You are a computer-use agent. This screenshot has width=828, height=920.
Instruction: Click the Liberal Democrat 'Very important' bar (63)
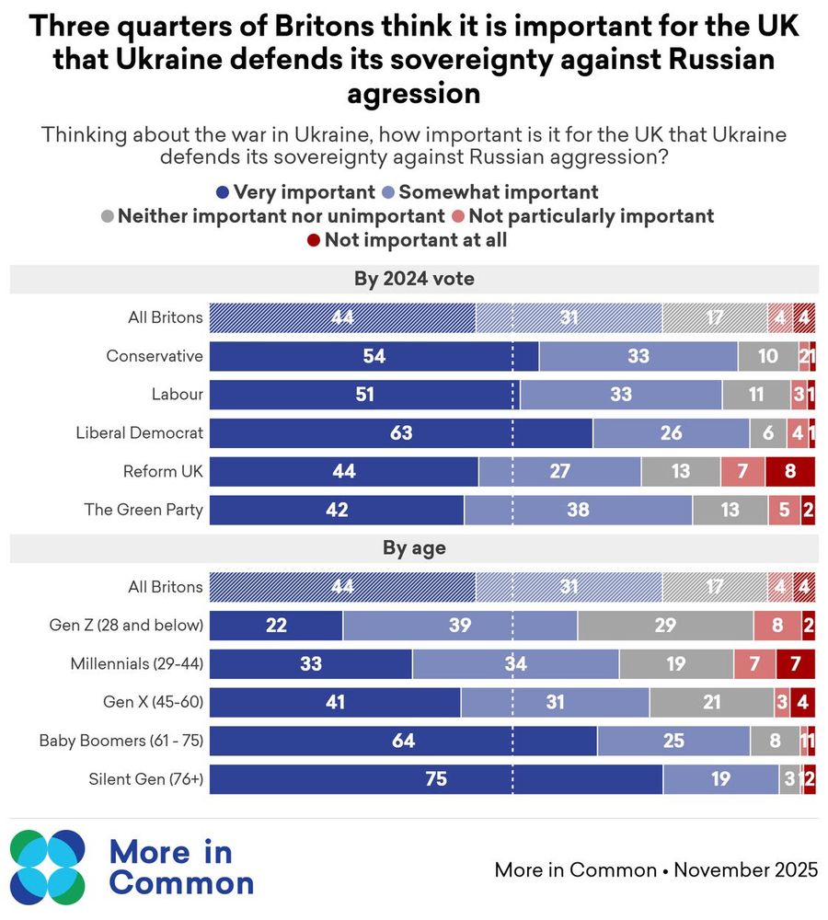click(401, 432)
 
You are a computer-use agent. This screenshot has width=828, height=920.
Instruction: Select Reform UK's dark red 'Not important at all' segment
click(790, 471)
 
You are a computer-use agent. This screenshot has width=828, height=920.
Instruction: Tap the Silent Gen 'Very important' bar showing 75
click(436, 778)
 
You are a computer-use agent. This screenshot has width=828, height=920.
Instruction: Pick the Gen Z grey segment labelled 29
click(665, 626)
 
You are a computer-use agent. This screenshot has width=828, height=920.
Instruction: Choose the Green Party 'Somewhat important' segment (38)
click(578, 510)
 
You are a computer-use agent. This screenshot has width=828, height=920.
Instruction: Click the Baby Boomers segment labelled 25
click(673, 740)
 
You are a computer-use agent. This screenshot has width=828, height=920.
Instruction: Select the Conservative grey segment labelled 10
click(767, 356)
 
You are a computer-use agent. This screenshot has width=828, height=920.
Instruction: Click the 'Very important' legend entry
click(294, 192)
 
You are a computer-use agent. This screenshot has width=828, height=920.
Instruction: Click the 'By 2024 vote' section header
click(414, 279)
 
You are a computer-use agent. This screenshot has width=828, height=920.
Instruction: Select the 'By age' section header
click(414, 548)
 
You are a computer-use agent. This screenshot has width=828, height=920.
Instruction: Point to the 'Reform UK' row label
click(163, 471)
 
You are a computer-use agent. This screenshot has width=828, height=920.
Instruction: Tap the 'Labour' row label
click(177, 395)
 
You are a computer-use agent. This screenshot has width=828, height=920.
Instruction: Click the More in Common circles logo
click(48, 867)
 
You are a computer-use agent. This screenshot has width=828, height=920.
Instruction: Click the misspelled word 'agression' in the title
click(414, 93)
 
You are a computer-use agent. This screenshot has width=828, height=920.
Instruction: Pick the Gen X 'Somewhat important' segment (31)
click(555, 702)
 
